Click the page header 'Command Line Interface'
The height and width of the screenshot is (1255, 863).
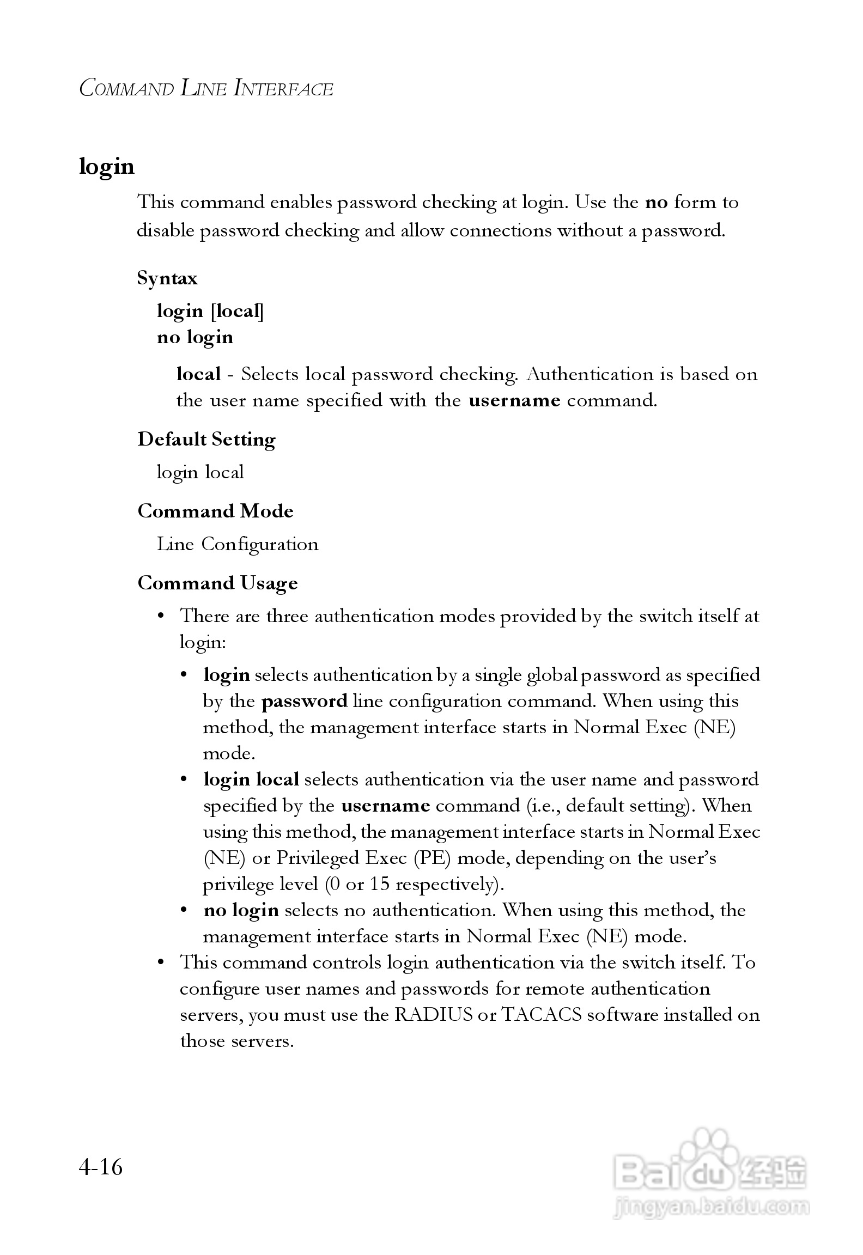click(x=206, y=88)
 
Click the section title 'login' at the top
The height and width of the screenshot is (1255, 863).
click(x=107, y=166)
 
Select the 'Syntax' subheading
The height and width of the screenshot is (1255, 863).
click(x=167, y=278)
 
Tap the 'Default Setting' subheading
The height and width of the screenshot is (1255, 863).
click(x=206, y=439)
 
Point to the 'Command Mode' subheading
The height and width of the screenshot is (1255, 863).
click(x=215, y=511)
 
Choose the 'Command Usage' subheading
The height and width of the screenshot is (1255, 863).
click(x=217, y=583)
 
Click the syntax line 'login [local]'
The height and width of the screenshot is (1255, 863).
click(x=210, y=311)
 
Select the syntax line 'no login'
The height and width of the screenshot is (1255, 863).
click(x=195, y=337)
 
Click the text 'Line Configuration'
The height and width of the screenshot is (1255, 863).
click(x=238, y=544)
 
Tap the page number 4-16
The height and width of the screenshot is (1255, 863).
click(x=101, y=1167)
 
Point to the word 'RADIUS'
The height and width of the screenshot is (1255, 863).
click(x=433, y=1015)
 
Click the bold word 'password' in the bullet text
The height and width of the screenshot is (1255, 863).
click(x=305, y=701)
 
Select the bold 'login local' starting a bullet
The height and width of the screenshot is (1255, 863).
click(x=251, y=779)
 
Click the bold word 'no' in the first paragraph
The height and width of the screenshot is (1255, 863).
click(x=656, y=203)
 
